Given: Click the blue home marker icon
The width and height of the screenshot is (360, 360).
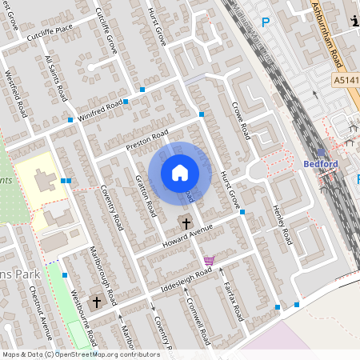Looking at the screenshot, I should pos(180,172).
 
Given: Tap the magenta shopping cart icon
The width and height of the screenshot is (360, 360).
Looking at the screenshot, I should pos(209,261).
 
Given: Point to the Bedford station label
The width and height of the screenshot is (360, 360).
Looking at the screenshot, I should pos(321,164).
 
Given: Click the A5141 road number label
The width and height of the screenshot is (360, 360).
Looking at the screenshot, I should pos(346,79).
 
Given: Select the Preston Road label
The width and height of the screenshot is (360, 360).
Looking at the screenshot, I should pos(148,138).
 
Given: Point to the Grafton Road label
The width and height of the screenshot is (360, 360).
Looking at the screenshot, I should pos(145,195).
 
